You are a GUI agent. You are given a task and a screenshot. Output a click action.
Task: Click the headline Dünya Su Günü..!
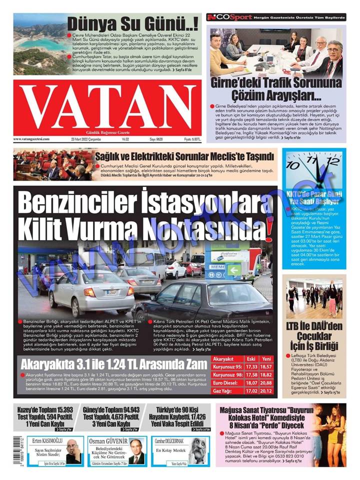[132, 23]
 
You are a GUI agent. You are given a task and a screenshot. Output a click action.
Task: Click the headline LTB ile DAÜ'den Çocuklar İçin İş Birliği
[314, 340]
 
